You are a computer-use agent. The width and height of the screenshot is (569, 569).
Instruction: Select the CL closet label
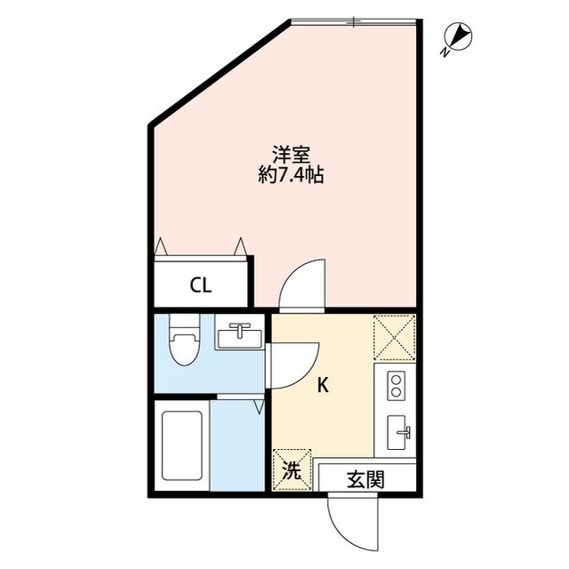(x=200, y=285)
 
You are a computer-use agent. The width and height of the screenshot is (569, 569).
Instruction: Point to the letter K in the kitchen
(x=324, y=385)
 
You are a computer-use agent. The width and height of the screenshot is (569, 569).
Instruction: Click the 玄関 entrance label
(x=365, y=480)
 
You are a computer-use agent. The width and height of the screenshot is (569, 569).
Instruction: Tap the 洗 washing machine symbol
(x=291, y=469)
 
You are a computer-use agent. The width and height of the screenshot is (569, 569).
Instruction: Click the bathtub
(x=181, y=444)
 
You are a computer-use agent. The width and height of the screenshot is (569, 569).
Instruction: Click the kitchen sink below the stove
(x=397, y=434)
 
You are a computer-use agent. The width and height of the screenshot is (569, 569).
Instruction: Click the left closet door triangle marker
(x=161, y=246)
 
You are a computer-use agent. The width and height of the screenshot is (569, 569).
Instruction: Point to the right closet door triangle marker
(x=240, y=246)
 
